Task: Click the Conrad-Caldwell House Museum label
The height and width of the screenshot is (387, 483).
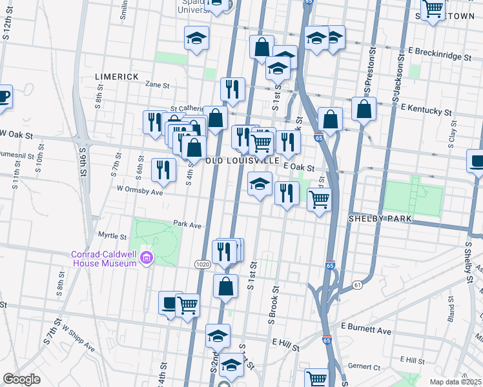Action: click(x=103, y=259)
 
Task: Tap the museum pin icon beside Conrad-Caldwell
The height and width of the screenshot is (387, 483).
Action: click(x=147, y=259)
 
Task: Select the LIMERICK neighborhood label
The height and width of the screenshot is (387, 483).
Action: click(x=117, y=77)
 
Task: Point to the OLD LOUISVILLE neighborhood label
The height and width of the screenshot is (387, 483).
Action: click(x=243, y=160)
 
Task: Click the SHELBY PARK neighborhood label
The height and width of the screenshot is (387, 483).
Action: click(x=380, y=219)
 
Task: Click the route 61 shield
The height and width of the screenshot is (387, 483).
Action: click(x=357, y=284)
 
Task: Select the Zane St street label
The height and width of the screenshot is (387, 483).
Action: click(x=157, y=84)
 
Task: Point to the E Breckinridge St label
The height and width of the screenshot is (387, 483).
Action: click(x=440, y=54)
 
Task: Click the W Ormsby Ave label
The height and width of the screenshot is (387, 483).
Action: click(x=139, y=191)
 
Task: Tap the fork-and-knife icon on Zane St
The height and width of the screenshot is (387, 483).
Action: click(x=232, y=89)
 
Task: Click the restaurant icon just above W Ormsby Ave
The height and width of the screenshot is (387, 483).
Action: click(x=163, y=170)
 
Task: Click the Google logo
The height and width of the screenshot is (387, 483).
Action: click(x=21, y=379)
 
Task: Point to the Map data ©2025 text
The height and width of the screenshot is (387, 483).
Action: click(x=456, y=382)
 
